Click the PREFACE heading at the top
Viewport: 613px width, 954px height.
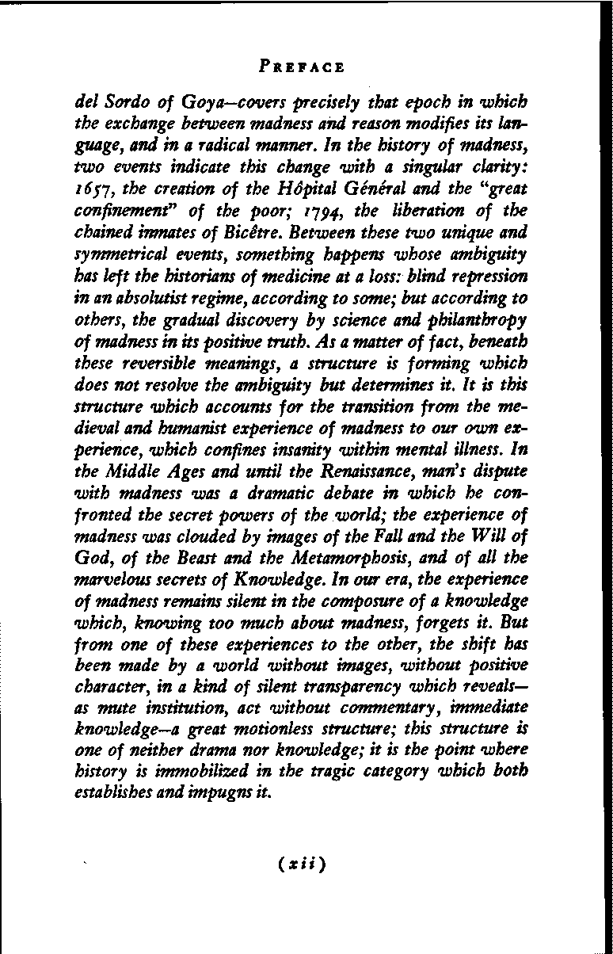point(302,67)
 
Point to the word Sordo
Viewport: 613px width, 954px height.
point(120,103)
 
